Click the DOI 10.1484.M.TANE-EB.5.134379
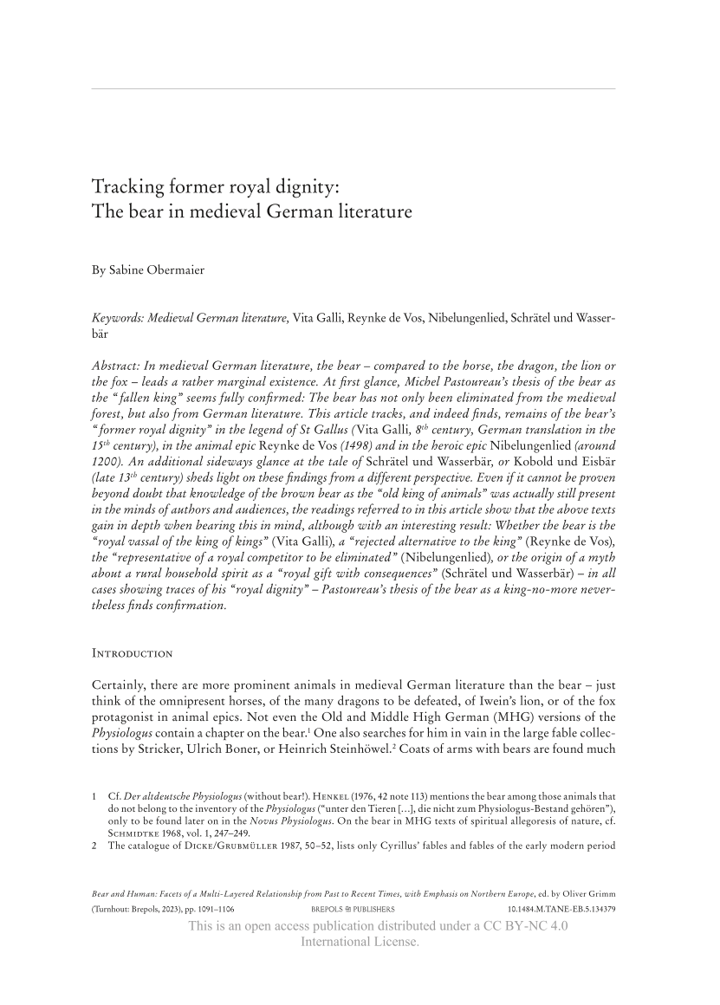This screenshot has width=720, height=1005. tap(561, 910)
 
